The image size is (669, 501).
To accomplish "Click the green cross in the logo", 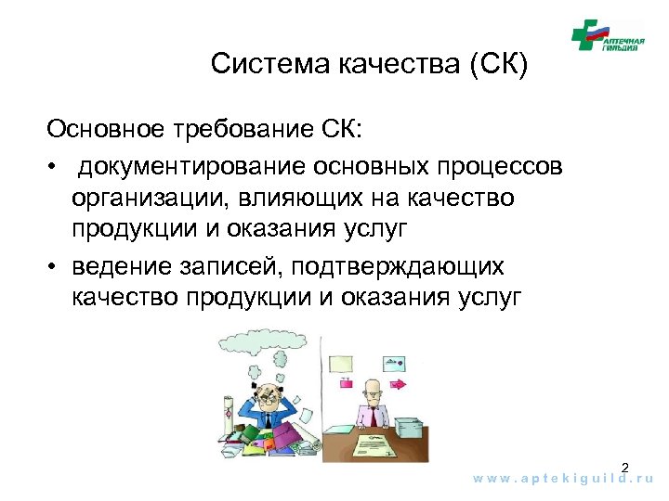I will coord(586,34).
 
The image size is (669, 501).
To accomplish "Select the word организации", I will coord(145,199).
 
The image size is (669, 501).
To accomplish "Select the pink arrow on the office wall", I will coord(398,382).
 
